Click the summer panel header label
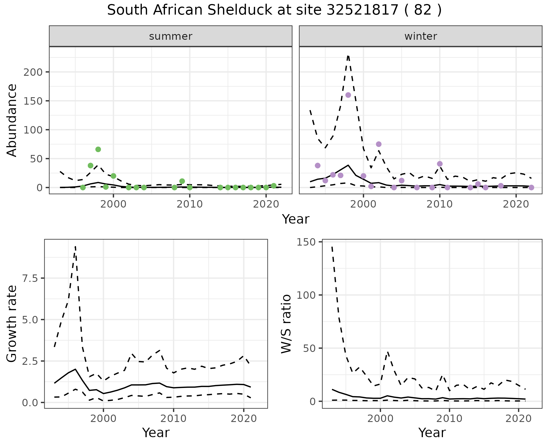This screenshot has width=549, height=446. coord(171,36)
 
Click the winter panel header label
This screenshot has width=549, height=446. coord(421,36)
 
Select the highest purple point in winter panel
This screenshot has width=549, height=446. coord(348,95)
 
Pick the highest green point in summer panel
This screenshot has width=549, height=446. coord(98,149)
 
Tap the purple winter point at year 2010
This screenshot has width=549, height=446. coord(440,164)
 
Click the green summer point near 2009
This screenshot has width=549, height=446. coord(182,181)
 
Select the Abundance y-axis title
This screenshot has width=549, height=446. coord(12,120)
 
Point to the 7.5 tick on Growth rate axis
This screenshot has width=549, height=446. coord(32,278)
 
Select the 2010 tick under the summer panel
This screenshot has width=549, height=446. coord(190,204)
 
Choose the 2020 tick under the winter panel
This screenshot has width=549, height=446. coord(516,204)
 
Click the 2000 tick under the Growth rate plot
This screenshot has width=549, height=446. coord(104,419)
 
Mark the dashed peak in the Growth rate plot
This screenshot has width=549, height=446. coord(75,246)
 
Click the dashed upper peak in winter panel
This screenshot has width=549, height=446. coord(348,56)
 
